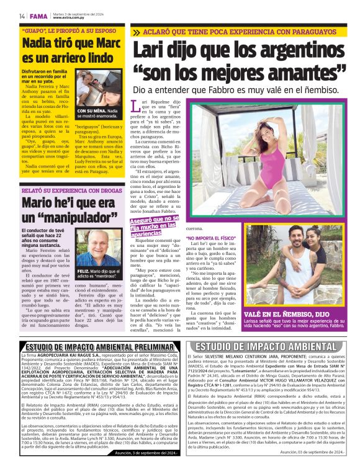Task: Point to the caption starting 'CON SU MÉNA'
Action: click(97, 113)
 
